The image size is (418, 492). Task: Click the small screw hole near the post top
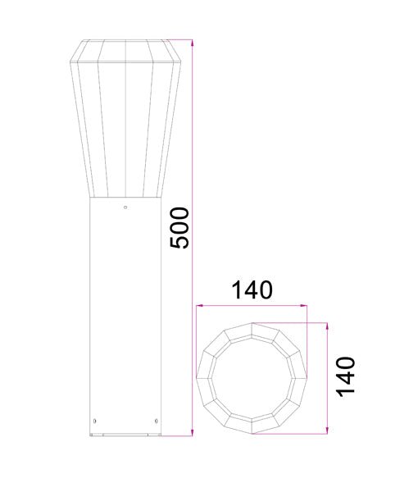click(125, 207)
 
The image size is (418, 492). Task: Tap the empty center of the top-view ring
click(252, 376)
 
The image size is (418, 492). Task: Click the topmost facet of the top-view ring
click(252, 329)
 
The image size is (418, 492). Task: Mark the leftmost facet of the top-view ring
click(205, 376)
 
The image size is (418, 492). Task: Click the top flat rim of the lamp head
click(125, 39)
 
